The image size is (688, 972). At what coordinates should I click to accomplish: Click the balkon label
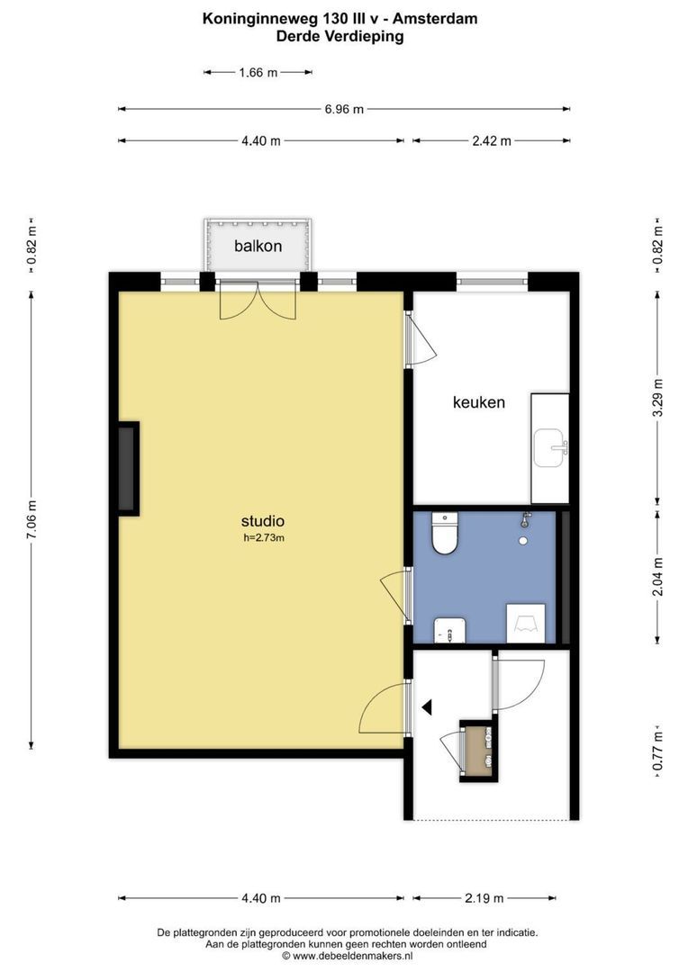pyautogui.click(x=258, y=246)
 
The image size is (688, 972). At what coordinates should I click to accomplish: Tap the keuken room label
pyautogui.click(x=479, y=402)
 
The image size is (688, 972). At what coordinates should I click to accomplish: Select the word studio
pyautogui.click(x=263, y=521)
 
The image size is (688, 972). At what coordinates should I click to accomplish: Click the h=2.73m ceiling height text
pyautogui.click(x=264, y=538)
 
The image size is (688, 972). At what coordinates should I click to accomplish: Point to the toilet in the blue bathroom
pyautogui.click(x=444, y=533)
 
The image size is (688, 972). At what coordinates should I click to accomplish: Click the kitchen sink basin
pyautogui.click(x=550, y=447)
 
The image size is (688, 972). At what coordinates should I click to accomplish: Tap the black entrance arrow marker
pyautogui.click(x=427, y=706)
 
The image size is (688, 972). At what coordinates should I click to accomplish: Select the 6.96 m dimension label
pyautogui.click(x=344, y=109)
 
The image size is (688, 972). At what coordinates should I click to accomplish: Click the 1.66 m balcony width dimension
pyautogui.click(x=258, y=73)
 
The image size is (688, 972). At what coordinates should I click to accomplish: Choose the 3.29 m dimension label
pyautogui.click(x=658, y=398)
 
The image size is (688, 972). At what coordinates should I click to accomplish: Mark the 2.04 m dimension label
pyautogui.click(x=658, y=577)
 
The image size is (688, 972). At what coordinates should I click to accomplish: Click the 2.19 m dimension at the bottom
pyautogui.click(x=484, y=897)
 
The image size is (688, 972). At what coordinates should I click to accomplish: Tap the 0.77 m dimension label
pyautogui.click(x=658, y=751)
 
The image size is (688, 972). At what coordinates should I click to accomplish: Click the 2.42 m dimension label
pyautogui.click(x=492, y=140)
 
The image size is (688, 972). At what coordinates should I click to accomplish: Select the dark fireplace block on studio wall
pyautogui.click(x=129, y=469)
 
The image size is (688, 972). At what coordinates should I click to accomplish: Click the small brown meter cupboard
pyautogui.click(x=478, y=751)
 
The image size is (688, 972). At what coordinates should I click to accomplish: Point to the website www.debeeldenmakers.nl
pyautogui.click(x=349, y=956)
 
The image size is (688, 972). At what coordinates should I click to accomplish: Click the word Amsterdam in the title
pyautogui.click(x=435, y=19)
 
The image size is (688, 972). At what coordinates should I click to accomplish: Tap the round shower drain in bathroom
pyautogui.click(x=523, y=541)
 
